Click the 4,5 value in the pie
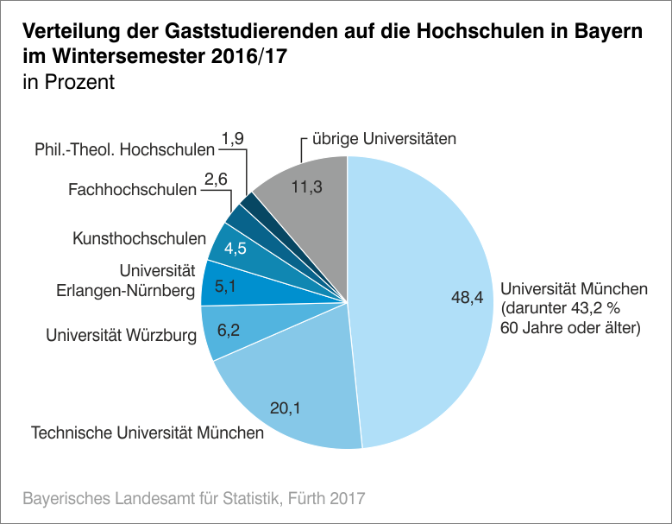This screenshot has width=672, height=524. click(x=236, y=249)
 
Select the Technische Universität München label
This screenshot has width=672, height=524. click(x=148, y=432)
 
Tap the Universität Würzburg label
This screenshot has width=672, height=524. click(x=122, y=333)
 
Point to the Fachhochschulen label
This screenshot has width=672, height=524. click(x=133, y=188)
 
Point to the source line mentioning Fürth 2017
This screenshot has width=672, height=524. click(x=194, y=498)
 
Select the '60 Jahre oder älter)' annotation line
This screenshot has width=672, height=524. click(x=571, y=327)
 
